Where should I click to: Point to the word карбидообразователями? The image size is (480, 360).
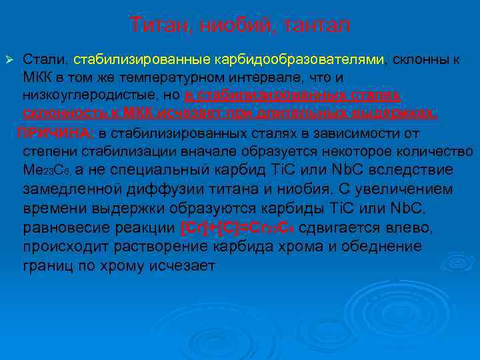pyautogui.click(x=301, y=60)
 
